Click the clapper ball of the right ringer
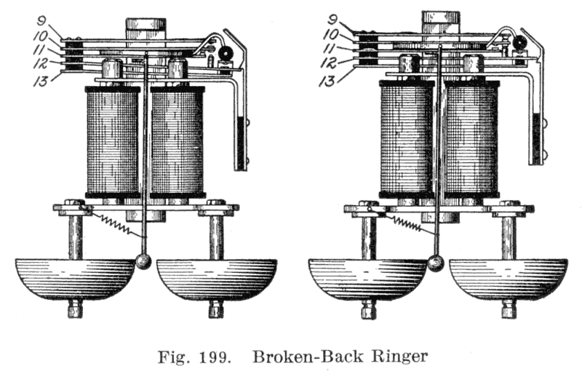[436, 263]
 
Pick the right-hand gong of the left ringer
[217, 277]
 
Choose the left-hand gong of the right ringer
[368, 277]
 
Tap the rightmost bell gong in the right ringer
[508, 277]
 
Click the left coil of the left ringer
[113, 141]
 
